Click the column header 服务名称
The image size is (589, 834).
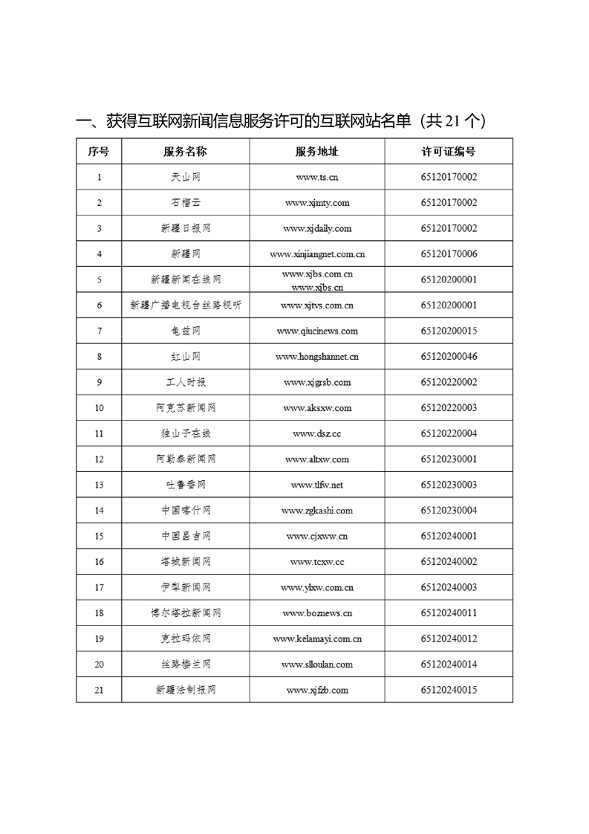(x=185, y=152)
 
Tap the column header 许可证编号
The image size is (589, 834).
(x=449, y=152)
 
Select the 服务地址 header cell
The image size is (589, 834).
(x=317, y=152)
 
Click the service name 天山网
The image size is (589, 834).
(x=185, y=178)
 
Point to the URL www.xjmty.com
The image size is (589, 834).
(x=317, y=203)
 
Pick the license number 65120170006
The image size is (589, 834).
(x=449, y=254)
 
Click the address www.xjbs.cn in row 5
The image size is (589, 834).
(x=317, y=287)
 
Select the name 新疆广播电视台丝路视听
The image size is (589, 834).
(x=185, y=306)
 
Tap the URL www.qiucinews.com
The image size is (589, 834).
(x=317, y=332)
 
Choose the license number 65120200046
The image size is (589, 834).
(x=449, y=357)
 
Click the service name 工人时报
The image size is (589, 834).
(x=185, y=383)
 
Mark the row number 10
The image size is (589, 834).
(x=99, y=408)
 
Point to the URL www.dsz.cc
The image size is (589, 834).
(x=317, y=434)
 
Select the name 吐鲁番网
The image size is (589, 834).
(x=185, y=485)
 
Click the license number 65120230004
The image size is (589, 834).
(x=449, y=511)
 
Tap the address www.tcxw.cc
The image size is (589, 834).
(x=317, y=562)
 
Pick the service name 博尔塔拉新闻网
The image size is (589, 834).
(x=185, y=613)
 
